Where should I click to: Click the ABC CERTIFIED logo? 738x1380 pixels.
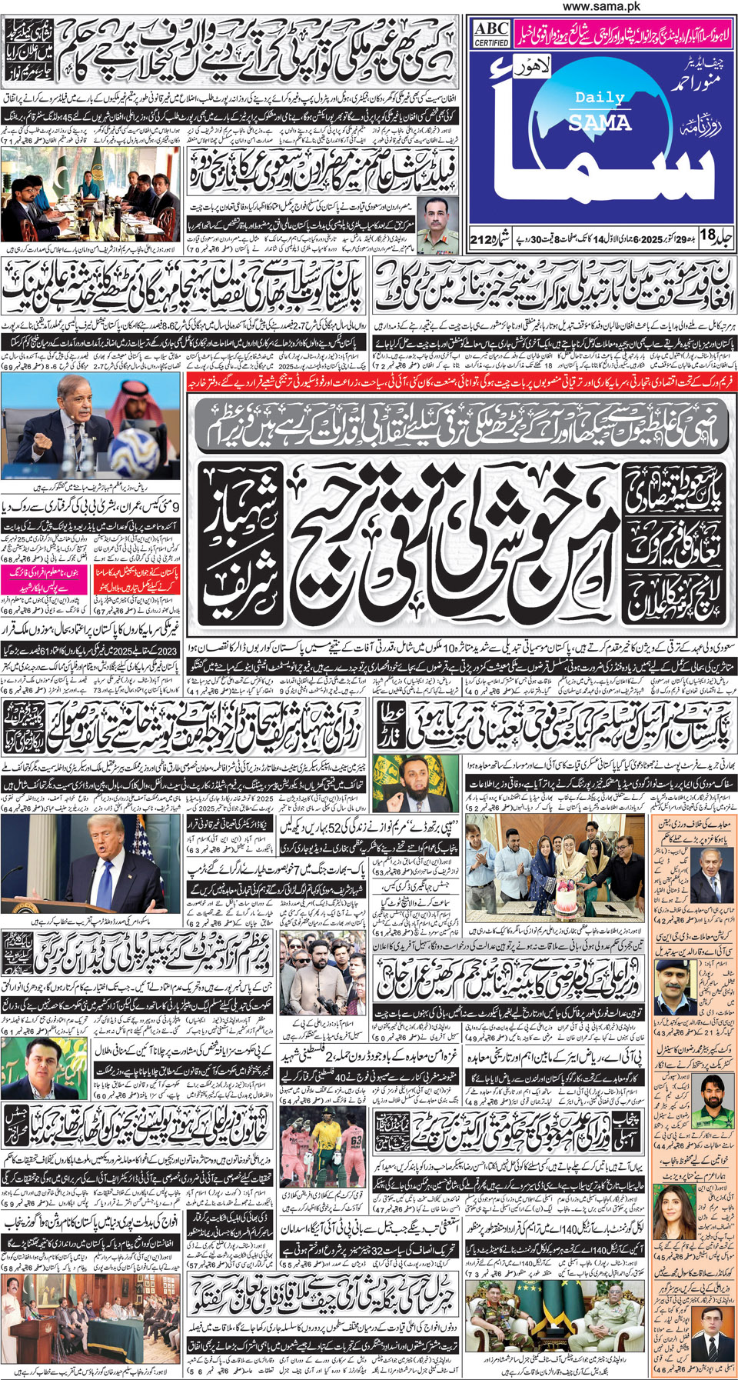(x=491, y=34)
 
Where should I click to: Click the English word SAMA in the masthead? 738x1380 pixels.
(x=600, y=122)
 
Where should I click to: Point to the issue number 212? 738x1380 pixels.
(x=483, y=240)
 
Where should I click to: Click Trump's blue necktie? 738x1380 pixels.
(x=105, y=877)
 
